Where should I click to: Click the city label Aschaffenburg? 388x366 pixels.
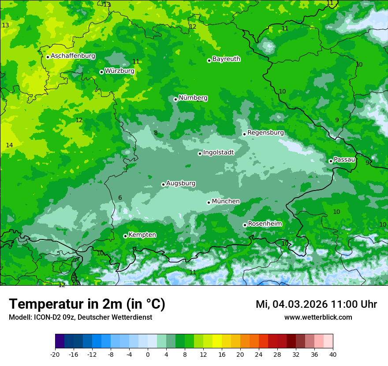point(73,56)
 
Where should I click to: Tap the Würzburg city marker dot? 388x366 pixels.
point(101,72)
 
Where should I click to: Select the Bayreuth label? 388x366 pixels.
point(226,59)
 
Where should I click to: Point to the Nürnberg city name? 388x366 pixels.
point(193,97)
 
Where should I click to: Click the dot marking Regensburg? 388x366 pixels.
point(244,134)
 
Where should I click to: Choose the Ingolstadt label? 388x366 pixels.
point(218,153)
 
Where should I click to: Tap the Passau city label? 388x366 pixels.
point(344,159)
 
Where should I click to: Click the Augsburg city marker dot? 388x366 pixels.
point(163,184)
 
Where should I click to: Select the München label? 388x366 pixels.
point(226,201)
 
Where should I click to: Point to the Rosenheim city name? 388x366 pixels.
point(265,224)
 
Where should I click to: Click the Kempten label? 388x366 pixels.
point(142,235)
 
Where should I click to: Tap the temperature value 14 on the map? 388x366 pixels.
point(9,145)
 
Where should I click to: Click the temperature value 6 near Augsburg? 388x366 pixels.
point(120,198)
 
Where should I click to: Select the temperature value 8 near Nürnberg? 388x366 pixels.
point(156,133)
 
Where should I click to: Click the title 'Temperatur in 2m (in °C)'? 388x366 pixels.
point(87,304)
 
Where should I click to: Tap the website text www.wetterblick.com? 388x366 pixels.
point(318,317)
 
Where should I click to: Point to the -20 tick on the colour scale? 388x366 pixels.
point(55,354)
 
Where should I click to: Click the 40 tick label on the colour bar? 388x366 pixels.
point(333,354)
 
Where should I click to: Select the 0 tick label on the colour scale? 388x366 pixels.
point(148,354)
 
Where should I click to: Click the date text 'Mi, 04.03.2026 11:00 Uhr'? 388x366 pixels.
point(316,304)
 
